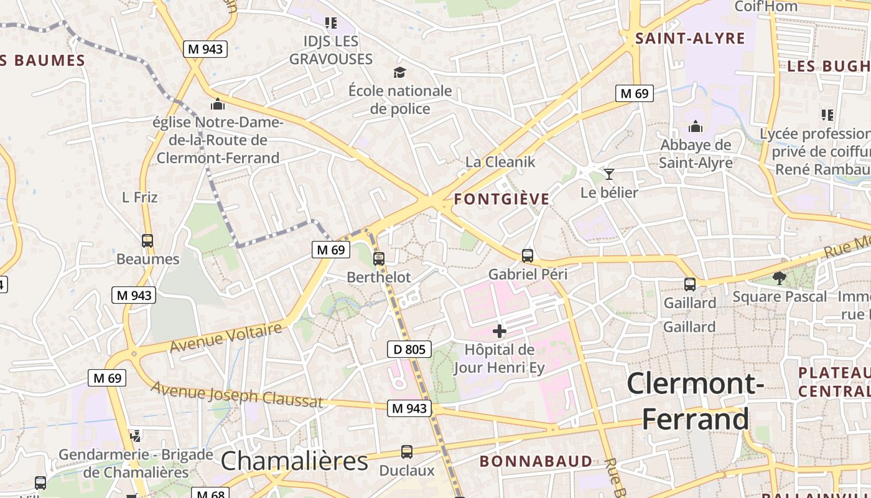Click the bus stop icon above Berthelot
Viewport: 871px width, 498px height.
pyautogui.click(x=379, y=259)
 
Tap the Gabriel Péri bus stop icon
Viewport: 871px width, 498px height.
pyautogui.click(x=528, y=255)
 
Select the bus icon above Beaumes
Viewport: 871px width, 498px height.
pyautogui.click(x=147, y=240)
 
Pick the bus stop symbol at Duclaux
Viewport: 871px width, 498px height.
pyautogui.click(x=406, y=452)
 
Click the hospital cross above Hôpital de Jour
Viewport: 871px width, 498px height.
pyautogui.click(x=499, y=331)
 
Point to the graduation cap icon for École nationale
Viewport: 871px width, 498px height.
pyautogui.click(x=399, y=73)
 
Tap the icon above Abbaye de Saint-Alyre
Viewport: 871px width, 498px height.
pyautogui.click(x=696, y=127)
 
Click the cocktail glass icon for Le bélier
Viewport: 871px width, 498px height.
pyautogui.click(x=608, y=174)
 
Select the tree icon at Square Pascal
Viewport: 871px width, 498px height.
pyautogui.click(x=779, y=278)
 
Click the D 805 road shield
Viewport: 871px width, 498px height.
pyautogui.click(x=409, y=350)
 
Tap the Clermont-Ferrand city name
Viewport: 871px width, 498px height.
pyautogui.click(x=696, y=402)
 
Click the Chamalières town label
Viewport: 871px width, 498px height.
pyautogui.click(x=294, y=461)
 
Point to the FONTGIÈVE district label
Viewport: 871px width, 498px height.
pyautogui.click(x=502, y=199)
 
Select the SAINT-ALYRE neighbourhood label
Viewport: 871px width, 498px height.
pyautogui.click(x=690, y=39)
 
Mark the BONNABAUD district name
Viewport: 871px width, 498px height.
pyautogui.click(x=536, y=461)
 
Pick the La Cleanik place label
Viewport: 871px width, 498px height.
pyautogui.click(x=500, y=162)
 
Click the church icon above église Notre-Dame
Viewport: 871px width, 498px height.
pyautogui.click(x=217, y=104)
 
